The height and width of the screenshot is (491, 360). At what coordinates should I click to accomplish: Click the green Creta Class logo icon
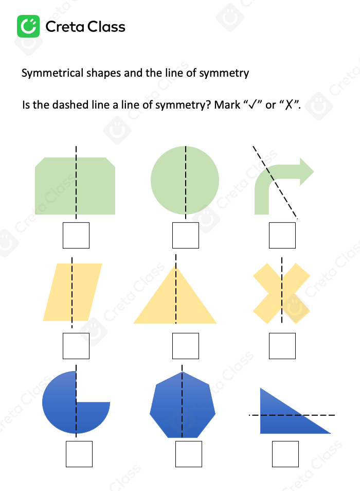28,26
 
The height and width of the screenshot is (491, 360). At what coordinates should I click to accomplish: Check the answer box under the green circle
185,236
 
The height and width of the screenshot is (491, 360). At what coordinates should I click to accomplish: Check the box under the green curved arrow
282,236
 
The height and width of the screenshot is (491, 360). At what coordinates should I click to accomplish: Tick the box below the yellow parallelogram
76,346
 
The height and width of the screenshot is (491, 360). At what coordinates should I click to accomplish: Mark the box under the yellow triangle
185,346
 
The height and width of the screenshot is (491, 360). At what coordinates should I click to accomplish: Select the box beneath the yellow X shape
282,346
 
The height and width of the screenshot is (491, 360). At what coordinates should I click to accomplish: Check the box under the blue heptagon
189,454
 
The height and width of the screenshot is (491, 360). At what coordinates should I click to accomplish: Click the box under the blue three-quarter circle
79,454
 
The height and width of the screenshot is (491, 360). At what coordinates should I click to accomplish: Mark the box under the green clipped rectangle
76,236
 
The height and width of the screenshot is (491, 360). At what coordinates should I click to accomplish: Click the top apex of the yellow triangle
176,267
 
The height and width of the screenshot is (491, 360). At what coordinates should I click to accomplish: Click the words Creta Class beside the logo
85,27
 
